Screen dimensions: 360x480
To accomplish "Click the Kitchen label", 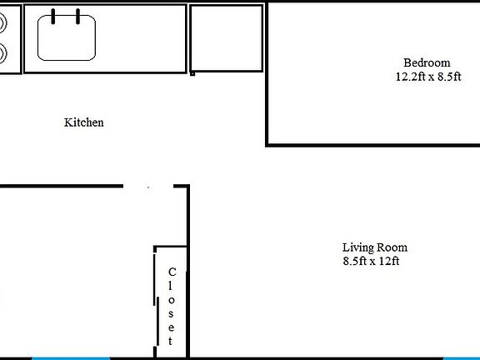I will click(x=84, y=122).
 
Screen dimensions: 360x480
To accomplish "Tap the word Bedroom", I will click(x=427, y=62).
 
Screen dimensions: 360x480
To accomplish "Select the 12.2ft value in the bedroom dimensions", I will click(x=411, y=77).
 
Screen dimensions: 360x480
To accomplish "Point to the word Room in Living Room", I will click(x=392, y=247).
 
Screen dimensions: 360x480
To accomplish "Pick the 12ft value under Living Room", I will click(x=388, y=262).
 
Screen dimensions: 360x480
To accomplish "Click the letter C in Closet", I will click(x=172, y=272).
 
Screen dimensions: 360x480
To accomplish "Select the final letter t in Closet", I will click(x=172, y=341).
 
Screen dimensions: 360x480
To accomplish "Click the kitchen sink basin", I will click(x=67, y=39).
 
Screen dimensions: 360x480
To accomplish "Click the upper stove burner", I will click(x=2, y=23).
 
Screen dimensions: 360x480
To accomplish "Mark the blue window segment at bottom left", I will click(x=71, y=358).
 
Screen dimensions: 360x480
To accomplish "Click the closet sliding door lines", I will click(x=156, y=300).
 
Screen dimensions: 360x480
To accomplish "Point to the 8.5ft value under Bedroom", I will click(x=444, y=77).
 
